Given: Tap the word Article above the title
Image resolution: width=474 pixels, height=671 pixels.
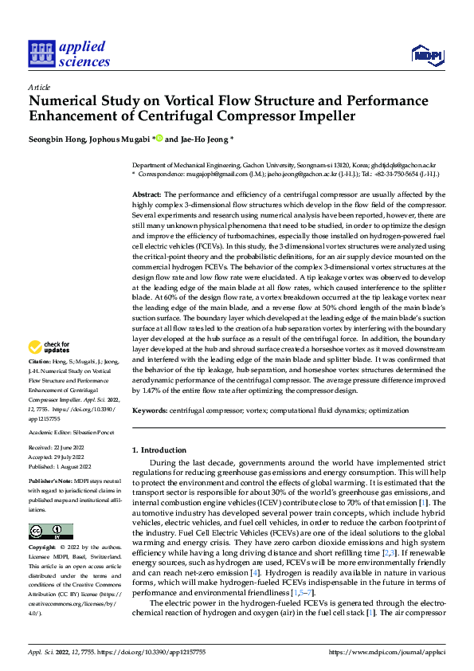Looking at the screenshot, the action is (x=39, y=87).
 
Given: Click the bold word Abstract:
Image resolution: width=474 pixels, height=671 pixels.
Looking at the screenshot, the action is (x=146, y=194).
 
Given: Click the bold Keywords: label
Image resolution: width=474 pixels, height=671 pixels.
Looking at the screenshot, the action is (x=150, y=410).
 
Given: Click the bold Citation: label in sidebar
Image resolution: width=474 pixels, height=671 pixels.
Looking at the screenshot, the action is (x=40, y=362).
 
